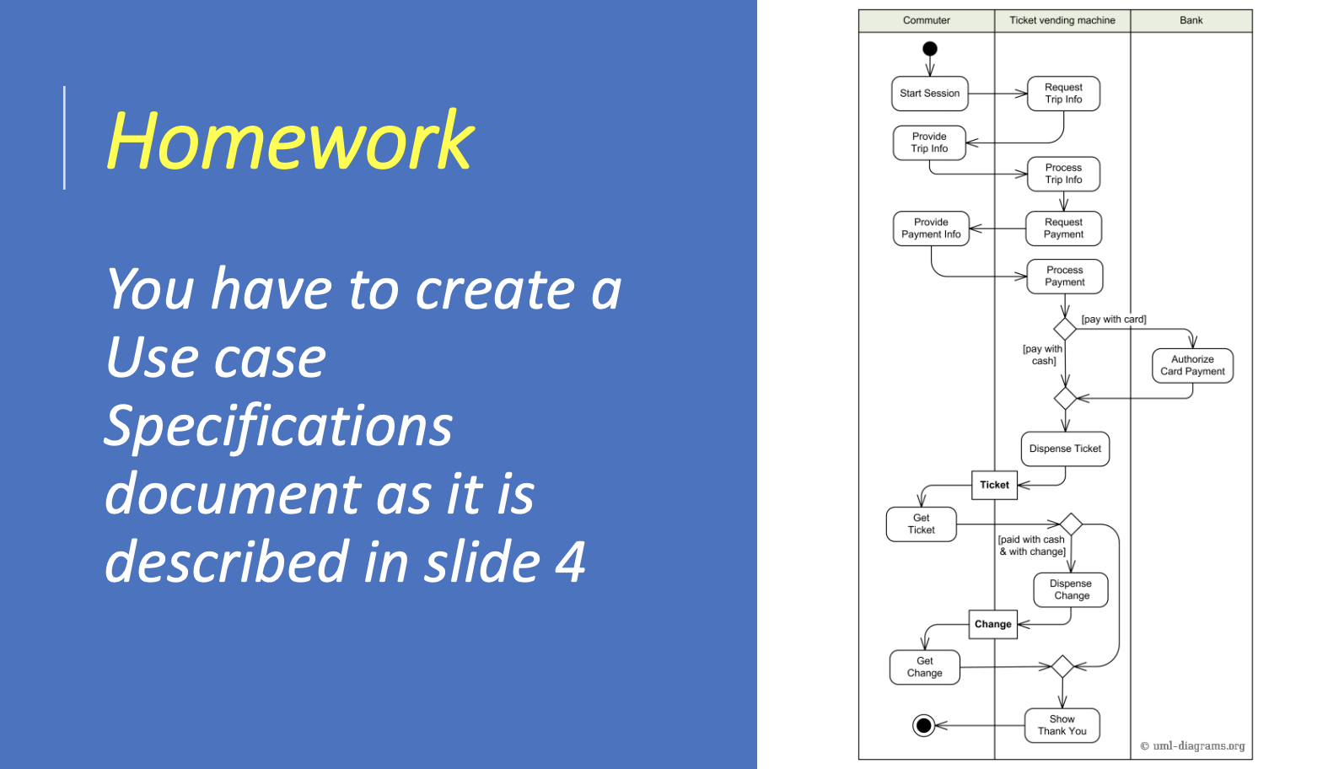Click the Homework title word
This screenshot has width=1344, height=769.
pyautogui.click(x=290, y=142)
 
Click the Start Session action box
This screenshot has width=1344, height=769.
pyautogui.click(x=929, y=94)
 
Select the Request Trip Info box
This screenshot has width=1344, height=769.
pyautogui.click(x=1063, y=94)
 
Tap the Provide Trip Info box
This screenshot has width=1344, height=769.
pyautogui.click(x=929, y=143)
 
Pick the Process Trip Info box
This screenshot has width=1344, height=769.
pyautogui.click(x=1063, y=174)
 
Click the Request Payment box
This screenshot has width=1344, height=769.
pyautogui.click(x=1063, y=229)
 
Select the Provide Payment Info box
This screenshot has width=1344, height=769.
pyautogui.click(x=931, y=229)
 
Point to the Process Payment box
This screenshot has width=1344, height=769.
pyautogui.click(x=1064, y=277)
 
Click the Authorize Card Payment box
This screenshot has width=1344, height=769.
pyautogui.click(x=1192, y=365)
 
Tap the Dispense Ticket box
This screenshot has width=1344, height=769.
pyautogui.click(x=1065, y=449)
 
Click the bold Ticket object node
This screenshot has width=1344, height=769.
pyautogui.click(x=994, y=485)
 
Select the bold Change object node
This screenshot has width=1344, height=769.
pyautogui.click(x=992, y=625)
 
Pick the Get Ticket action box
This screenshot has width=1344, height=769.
pyautogui.click(x=921, y=524)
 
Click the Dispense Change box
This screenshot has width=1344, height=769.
pyautogui.click(x=1071, y=589)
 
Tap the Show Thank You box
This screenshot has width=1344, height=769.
pyautogui.click(x=1062, y=725)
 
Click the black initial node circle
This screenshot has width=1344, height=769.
pyautogui.click(x=930, y=49)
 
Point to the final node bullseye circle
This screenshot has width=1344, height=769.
pyautogui.click(x=924, y=725)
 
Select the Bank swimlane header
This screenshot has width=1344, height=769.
pyautogui.click(x=1191, y=20)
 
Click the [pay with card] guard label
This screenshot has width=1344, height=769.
pyautogui.click(x=1113, y=320)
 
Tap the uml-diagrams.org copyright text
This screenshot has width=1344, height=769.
pyautogui.click(x=1192, y=746)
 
